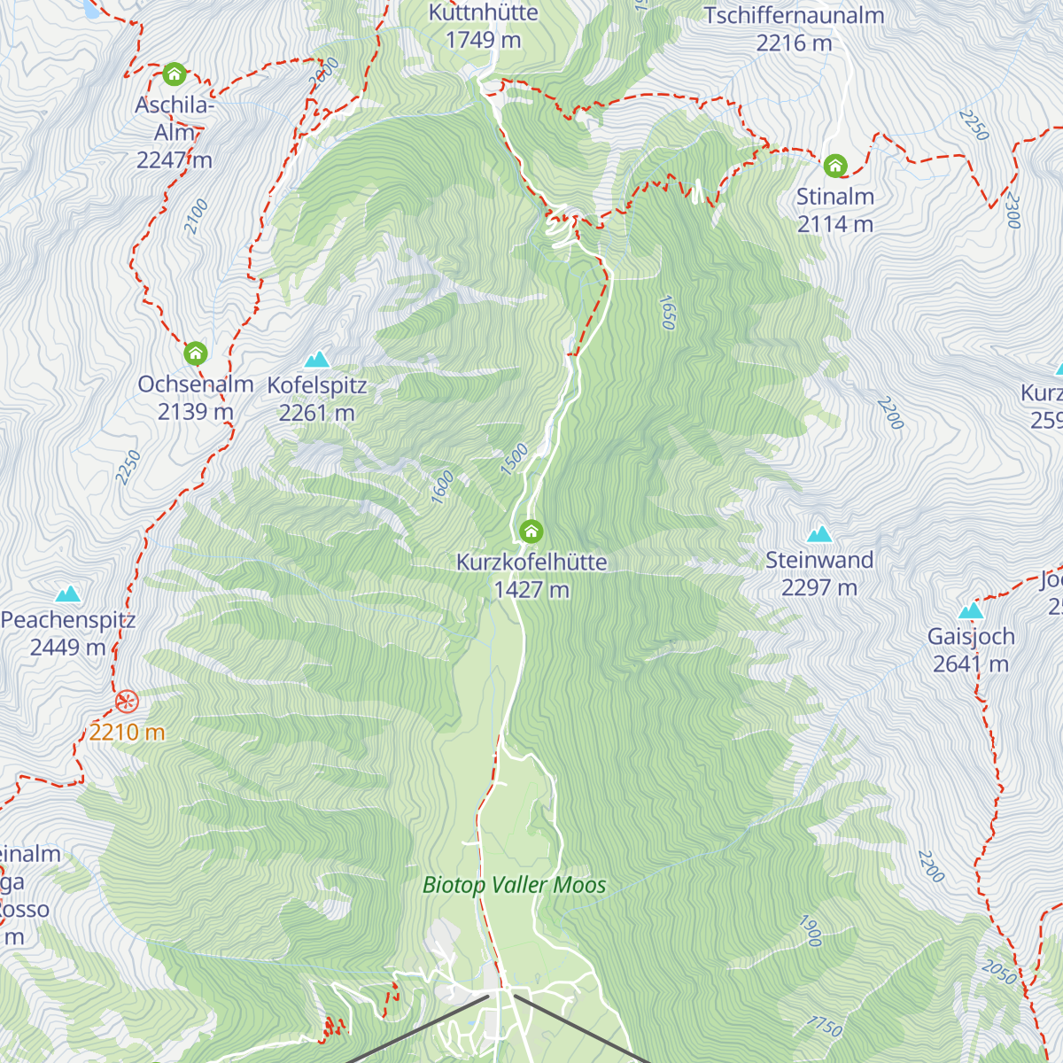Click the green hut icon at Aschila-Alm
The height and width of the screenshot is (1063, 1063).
[175, 74]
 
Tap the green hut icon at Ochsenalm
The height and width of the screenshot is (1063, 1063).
[196, 353]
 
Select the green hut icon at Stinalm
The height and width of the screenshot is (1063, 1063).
[834, 166]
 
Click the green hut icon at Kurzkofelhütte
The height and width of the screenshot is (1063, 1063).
[531, 531]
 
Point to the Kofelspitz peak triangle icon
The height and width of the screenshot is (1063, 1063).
[317, 360]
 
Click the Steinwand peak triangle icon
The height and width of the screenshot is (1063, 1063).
[819, 534]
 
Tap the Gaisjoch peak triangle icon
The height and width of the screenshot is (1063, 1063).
[971, 611]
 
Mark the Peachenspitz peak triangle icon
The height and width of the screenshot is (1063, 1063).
[68, 594]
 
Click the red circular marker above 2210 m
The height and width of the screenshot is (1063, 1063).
[127, 702]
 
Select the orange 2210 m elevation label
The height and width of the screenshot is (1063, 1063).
[127, 733]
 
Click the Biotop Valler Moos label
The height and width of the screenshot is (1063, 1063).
[514, 885]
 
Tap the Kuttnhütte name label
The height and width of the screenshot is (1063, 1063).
[483, 13]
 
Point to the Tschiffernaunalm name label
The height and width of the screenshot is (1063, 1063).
[794, 16]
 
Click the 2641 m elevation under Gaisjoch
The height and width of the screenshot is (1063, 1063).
[971, 664]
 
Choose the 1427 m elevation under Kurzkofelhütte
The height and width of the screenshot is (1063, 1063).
[531, 590]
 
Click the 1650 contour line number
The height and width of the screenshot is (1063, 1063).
[668, 312]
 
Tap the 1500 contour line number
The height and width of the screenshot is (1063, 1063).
[514, 459]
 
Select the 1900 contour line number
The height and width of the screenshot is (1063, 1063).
[811, 931]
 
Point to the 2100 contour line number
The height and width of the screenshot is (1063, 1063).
[196, 217]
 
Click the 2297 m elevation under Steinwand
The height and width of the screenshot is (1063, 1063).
[819, 587]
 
